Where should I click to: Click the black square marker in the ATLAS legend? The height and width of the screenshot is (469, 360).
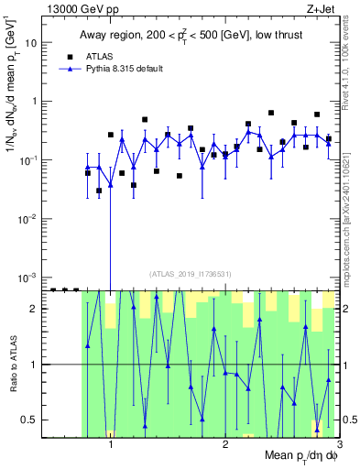tap(68, 56)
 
